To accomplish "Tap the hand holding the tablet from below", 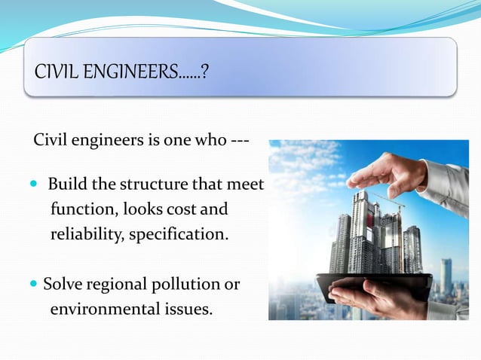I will pyautogui.click(x=377, y=295).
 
